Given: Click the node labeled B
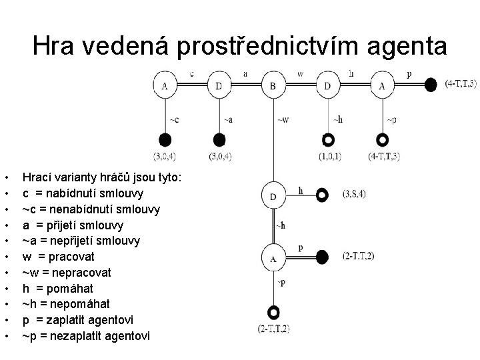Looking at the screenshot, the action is [273, 86].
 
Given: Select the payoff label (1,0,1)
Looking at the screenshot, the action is [329, 157].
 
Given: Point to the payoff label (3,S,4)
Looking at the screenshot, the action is [354, 194].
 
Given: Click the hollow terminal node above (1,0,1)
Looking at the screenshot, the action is [327, 140].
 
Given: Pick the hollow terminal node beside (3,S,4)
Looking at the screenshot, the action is [323, 195].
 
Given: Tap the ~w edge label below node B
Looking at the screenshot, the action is [283, 120].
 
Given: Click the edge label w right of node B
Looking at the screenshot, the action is [300, 73].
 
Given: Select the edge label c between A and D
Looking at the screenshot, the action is [192, 73].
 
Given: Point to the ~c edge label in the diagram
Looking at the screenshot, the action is [173, 120].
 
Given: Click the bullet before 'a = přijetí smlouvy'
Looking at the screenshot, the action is [6, 225].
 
